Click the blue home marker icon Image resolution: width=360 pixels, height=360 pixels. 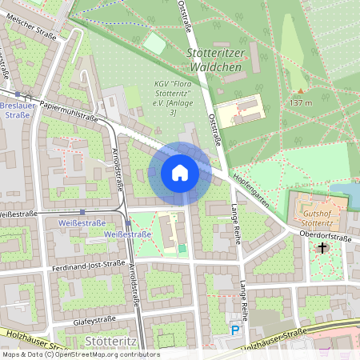pos(180,173)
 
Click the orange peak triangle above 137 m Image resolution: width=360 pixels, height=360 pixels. pos(301,90)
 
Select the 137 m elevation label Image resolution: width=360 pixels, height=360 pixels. pos(301,103)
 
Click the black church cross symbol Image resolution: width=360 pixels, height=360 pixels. pos(322,248)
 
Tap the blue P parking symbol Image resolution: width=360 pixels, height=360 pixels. pos(234,330)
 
